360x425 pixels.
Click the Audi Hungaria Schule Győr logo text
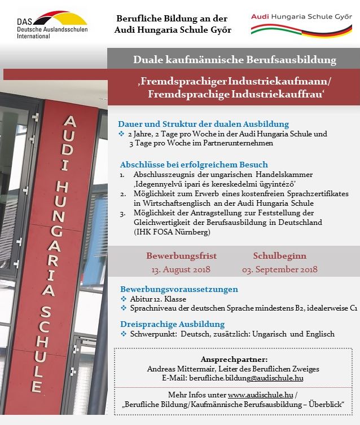pos(300,17)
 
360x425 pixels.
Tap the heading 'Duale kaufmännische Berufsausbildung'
pos(234,59)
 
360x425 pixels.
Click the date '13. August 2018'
pos(181,269)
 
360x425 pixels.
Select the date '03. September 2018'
pos(280,269)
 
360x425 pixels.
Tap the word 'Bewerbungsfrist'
pos(181,256)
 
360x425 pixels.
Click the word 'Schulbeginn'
pos(279,256)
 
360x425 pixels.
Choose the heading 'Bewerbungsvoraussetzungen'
pos(178,289)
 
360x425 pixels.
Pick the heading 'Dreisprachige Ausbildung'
pos(173,324)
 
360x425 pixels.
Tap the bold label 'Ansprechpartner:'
pos(234,359)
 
